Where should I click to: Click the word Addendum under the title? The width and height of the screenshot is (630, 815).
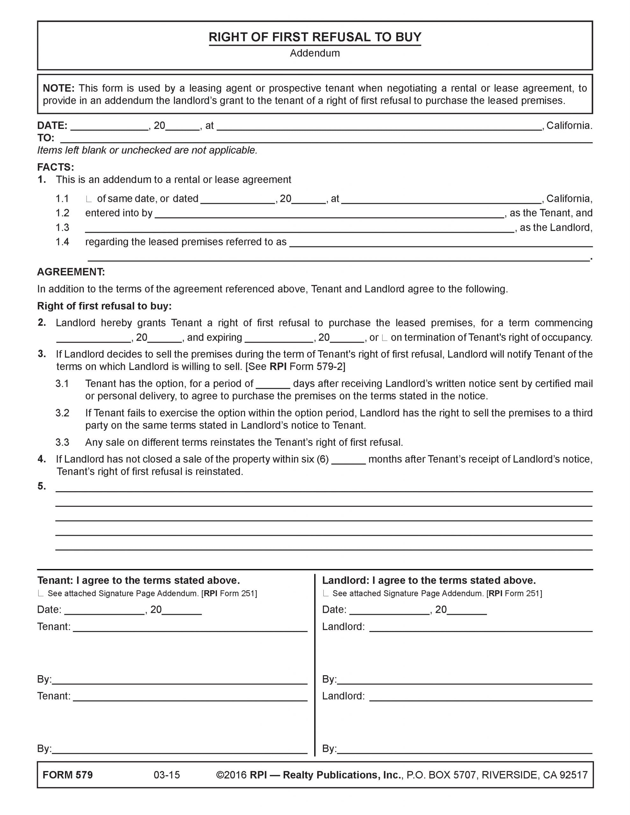click(314, 53)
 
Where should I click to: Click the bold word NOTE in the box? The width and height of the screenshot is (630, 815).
click(58, 88)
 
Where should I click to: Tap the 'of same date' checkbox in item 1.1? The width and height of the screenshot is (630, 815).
click(89, 199)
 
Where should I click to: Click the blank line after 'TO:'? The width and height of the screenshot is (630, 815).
click(326, 139)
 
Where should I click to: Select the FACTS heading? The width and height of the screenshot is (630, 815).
click(56, 167)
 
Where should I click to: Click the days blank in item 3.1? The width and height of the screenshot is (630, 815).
click(273, 384)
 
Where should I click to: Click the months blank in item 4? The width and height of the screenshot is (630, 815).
click(348, 460)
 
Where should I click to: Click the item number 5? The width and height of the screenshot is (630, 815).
click(42, 486)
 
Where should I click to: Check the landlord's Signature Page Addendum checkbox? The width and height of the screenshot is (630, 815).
click(326, 594)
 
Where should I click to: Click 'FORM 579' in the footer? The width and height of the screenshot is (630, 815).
click(68, 775)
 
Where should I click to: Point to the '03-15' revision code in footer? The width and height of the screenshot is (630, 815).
click(167, 775)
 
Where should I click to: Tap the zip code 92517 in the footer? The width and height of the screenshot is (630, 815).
click(574, 775)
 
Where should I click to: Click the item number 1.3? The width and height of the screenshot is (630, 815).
click(62, 228)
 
